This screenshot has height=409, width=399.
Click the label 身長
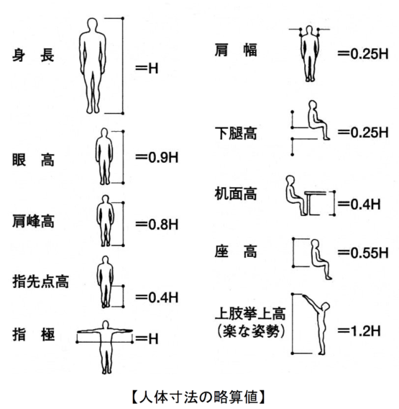coord(33,55)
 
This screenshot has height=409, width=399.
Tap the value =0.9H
coord(157,158)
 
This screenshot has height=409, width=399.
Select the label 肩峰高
coord(33,222)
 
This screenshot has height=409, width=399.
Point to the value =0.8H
coord(157,225)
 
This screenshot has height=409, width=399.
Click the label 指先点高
coord(41,282)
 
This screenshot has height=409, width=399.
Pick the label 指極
coord(33,335)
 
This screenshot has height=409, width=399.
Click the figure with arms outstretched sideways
coord(105,347)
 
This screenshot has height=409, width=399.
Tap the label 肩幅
coord(236,50)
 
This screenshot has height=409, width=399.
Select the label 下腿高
coord(236,133)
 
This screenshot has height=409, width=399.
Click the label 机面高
coord(236,194)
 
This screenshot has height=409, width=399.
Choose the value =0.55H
coord(363,253)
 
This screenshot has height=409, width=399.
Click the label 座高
coord(236,251)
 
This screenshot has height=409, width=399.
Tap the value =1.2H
coord(359,331)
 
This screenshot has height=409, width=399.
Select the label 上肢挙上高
coord(250,314)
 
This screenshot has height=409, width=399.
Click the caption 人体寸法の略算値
coord(198,397)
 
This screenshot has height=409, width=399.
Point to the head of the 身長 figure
coord(92,24)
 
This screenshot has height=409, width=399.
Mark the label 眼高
coord(33,160)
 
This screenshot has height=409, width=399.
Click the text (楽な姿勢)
coord(250,331)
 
